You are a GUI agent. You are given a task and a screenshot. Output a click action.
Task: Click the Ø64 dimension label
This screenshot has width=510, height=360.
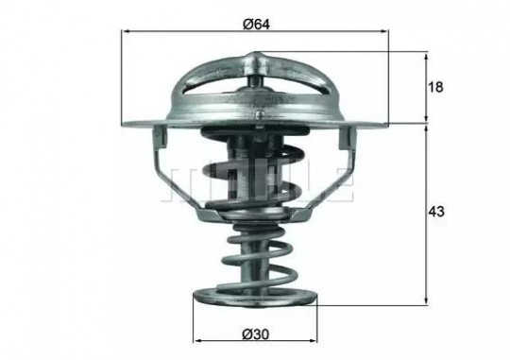(x=256, y=24)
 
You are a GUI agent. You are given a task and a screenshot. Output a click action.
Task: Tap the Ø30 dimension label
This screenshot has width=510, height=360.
(x=256, y=334)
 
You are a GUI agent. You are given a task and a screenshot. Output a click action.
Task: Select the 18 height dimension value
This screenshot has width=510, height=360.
(x=435, y=87)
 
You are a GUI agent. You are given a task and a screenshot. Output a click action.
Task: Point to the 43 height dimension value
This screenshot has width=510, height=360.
(x=435, y=212)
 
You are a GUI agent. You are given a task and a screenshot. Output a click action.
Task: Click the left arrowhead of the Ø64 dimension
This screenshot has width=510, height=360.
(x=126, y=31)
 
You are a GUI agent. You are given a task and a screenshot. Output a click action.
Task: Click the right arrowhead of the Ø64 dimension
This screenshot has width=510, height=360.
(x=384, y=31)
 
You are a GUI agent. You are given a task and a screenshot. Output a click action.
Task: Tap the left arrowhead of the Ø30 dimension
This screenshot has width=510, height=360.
(x=197, y=341)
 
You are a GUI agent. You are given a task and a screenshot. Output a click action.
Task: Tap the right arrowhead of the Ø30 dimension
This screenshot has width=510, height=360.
(x=313, y=341)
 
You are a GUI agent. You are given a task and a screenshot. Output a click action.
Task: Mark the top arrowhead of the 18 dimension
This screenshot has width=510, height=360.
(x=426, y=56)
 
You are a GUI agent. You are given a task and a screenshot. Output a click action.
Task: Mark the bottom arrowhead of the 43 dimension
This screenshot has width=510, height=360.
(x=426, y=301)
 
